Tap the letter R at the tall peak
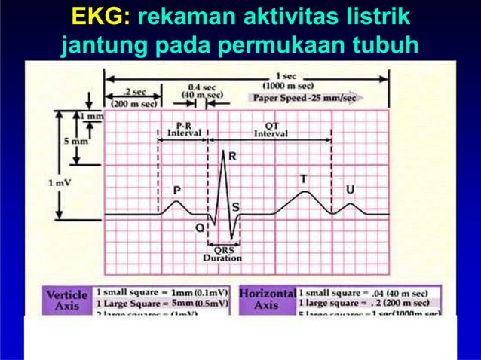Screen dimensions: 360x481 [232, 157]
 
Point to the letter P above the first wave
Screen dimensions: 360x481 [177, 191]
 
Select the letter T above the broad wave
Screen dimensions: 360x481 [303, 179]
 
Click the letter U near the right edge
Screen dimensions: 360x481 [350, 190]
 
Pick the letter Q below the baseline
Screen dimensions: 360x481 [199, 226]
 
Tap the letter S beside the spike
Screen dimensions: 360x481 [235, 206]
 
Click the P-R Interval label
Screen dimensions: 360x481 [182, 129]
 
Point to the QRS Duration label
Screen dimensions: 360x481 [222, 254]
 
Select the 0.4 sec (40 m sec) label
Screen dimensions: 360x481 [204, 91]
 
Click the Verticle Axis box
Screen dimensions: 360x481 [67, 300]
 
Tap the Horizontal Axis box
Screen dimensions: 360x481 [266, 300]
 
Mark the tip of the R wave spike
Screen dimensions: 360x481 [224, 151]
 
